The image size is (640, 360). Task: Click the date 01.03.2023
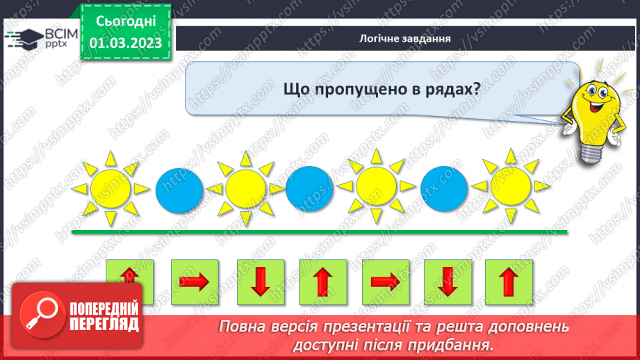[x=125, y=42]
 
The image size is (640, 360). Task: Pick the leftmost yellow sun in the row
[x=110, y=188]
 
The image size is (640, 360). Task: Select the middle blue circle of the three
[x=309, y=188]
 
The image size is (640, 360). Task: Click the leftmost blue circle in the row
[x=179, y=188]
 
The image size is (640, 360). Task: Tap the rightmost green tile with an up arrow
[x=509, y=282]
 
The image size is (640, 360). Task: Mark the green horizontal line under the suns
[x=320, y=233]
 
